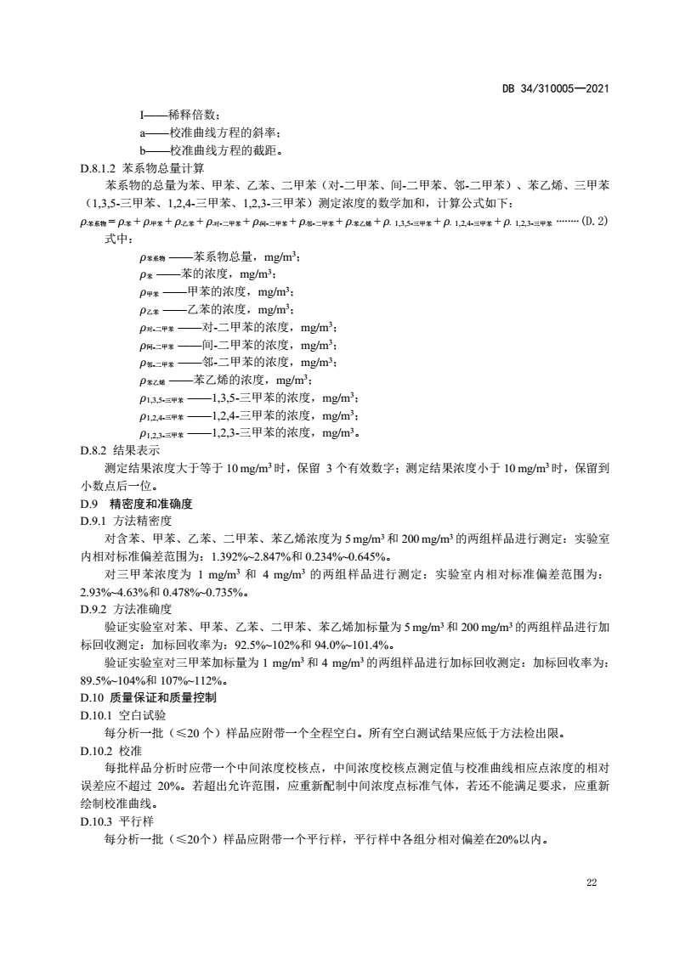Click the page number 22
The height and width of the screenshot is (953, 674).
(592, 883)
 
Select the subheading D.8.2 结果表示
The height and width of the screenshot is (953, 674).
(120, 449)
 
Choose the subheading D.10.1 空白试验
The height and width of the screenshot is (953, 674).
(122, 715)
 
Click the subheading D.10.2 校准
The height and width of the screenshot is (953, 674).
(110, 751)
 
